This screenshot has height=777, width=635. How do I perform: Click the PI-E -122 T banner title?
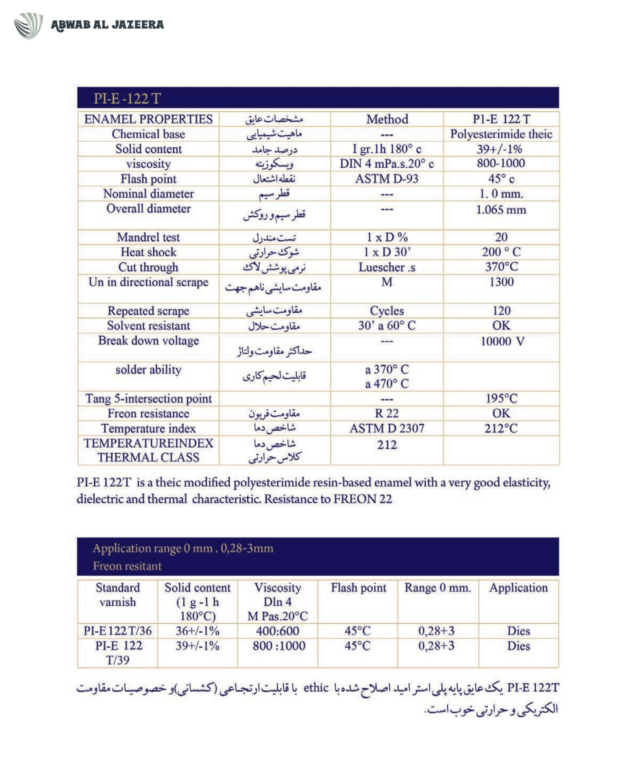point(127,99)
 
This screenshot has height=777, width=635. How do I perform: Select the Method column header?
point(387,119)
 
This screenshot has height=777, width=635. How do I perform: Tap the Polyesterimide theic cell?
point(501,134)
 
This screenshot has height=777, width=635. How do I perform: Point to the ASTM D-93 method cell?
point(387,178)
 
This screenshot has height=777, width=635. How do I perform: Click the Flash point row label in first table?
point(148,178)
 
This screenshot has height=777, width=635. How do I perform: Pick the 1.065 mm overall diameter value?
point(501,210)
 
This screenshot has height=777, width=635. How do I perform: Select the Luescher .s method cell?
point(387,267)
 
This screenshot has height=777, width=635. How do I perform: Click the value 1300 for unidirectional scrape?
point(501,282)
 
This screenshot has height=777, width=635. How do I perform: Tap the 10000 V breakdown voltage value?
point(502,341)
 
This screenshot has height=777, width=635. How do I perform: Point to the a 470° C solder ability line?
point(387,384)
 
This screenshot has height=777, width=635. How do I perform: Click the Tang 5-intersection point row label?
point(148,399)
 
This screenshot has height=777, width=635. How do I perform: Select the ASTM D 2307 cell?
point(387,428)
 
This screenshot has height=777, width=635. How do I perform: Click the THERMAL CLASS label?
point(148,458)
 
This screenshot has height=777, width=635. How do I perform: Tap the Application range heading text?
point(183,548)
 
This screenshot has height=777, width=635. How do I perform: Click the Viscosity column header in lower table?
point(278,588)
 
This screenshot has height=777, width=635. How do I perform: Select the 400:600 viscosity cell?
point(278,631)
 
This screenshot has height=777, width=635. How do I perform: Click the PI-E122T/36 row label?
point(118,631)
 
